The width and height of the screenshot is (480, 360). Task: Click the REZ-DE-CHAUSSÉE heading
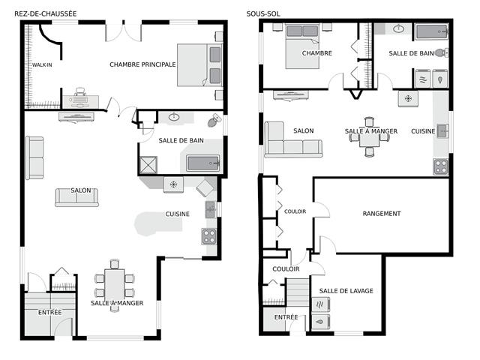(x=46, y=13)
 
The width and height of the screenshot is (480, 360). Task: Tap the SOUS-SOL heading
(x=263, y=13)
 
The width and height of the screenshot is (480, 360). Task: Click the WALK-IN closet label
(x=42, y=65)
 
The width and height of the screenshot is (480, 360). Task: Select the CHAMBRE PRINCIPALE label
(x=142, y=64)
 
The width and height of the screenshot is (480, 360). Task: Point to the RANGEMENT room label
(x=382, y=214)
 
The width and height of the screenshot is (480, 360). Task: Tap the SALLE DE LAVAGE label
(x=346, y=291)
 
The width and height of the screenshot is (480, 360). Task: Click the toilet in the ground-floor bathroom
(x=214, y=120)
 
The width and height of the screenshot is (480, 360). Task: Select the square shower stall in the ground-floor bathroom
(x=148, y=165)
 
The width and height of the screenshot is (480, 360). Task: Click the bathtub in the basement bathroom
(x=432, y=31)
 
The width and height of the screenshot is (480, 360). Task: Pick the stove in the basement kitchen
(x=441, y=166)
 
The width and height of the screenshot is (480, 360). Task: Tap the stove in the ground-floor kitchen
(x=209, y=236)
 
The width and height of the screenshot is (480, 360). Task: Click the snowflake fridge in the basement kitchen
(x=408, y=98)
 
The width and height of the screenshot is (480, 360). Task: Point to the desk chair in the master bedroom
(x=80, y=91)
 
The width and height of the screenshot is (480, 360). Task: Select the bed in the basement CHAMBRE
(x=302, y=46)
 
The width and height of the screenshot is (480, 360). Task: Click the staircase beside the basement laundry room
(x=298, y=292)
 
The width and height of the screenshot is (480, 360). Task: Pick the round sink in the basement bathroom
(x=398, y=29)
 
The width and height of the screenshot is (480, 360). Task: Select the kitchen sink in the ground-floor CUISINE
(x=210, y=210)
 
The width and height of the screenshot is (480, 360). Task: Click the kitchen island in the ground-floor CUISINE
(x=158, y=224)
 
